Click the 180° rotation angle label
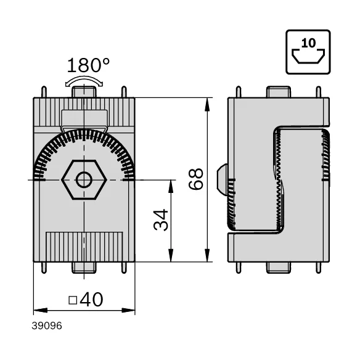88,65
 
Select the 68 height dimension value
196,179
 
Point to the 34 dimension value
161,219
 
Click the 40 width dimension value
91,300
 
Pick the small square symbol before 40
73,300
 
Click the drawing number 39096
47,326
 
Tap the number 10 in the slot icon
308,43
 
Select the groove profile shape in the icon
308,56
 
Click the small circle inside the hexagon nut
84,180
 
